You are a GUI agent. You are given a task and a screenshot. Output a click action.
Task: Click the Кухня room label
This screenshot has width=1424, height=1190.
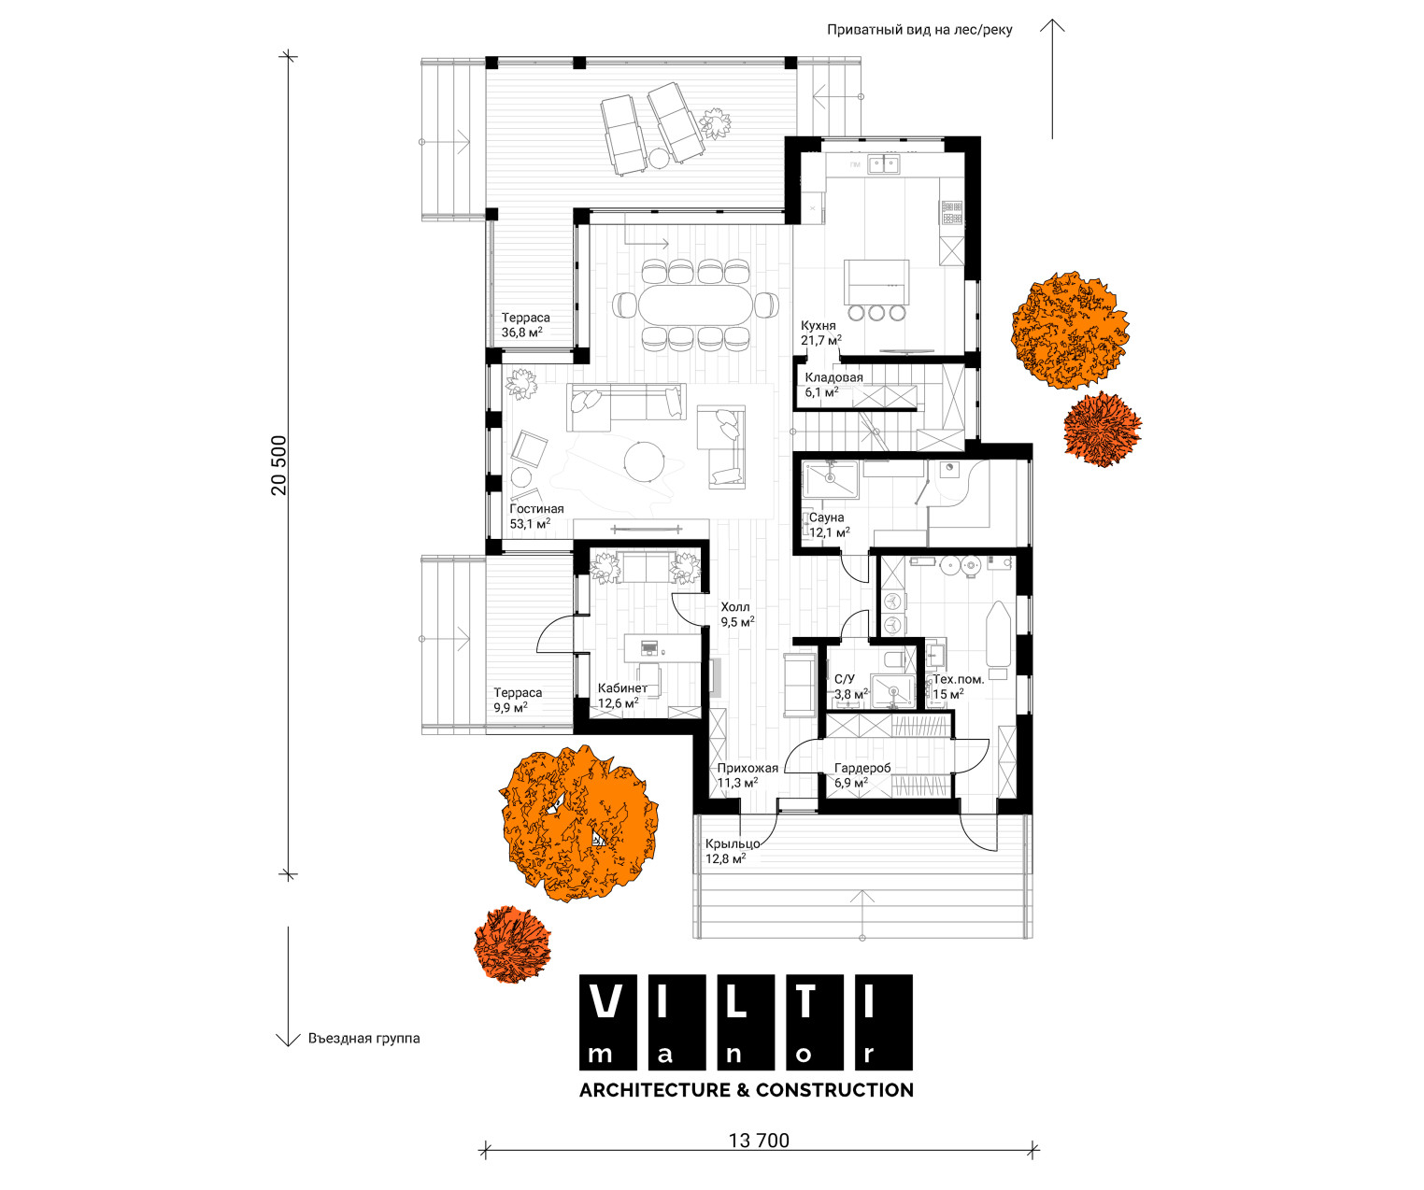tap(819, 325)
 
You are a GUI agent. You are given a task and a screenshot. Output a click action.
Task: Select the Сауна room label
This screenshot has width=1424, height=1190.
tap(827, 517)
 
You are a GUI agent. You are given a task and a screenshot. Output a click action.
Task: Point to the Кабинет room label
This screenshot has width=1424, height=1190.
tap(622, 688)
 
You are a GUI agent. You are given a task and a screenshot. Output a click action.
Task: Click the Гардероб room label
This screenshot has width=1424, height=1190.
tap(862, 768)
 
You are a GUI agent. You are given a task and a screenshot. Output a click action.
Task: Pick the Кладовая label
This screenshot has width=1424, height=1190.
tap(833, 377)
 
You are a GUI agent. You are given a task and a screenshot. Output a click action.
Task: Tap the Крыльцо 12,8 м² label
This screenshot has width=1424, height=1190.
tap(733, 851)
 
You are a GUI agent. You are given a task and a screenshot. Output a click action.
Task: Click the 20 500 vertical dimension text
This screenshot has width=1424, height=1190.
tap(279, 465)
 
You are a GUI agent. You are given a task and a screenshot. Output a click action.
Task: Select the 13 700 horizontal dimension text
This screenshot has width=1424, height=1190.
tap(759, 1140)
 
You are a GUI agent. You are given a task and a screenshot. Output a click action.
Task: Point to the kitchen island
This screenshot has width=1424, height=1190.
tap(876, 282)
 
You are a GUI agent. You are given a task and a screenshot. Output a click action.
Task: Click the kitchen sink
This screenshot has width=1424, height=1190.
tap(884, 164)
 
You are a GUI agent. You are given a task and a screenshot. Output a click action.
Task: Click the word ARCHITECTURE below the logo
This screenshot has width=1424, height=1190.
tap(655, 1090)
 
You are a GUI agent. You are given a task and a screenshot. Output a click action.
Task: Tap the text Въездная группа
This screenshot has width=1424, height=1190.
tap(363, 1039)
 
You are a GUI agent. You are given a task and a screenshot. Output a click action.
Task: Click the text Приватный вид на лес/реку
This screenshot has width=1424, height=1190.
tap(919, 30)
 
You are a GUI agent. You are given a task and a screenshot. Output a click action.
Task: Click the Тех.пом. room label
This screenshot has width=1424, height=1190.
tap(958, 679)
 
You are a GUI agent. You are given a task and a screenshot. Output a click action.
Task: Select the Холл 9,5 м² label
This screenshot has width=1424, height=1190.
tap(737, 614)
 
